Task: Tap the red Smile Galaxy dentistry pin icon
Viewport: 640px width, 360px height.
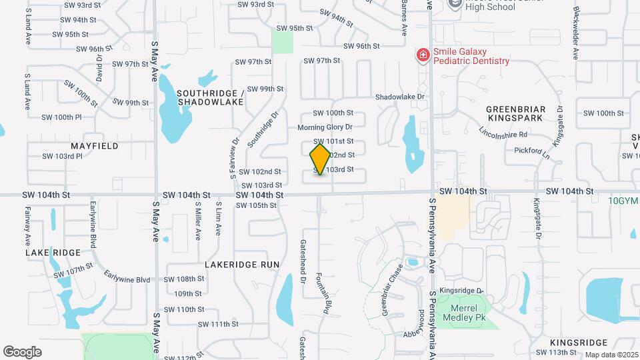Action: (x=422, y=55)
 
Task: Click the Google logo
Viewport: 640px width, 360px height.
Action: (x=22, y=351)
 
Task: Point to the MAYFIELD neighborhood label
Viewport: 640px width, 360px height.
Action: (x=95, y=145)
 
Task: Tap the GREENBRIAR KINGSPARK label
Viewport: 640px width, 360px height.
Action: (x=516, y=113)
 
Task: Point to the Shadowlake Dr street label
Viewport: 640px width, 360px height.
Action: (x=400, y=97)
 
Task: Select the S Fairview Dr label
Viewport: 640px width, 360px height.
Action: (x=234, y=159)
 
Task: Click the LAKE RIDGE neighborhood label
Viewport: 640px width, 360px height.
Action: (x=53, y=253)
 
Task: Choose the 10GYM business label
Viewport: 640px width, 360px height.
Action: (x=623, y=201)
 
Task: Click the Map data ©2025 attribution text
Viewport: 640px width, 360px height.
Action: (x=611, y=355)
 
